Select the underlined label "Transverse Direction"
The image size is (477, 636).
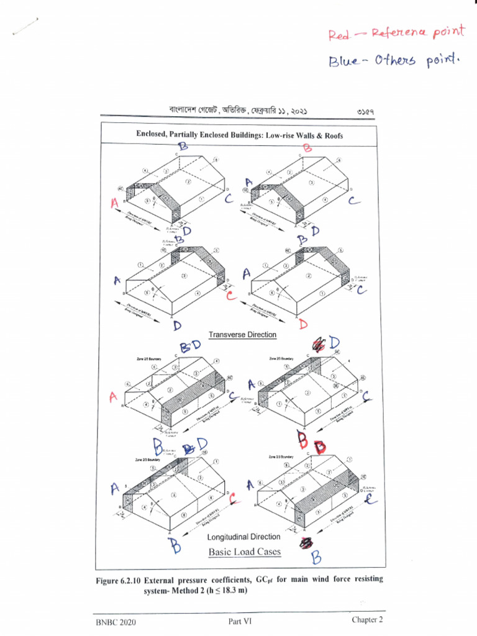(x=242, y=335)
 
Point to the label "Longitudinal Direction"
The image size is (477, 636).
(x=243, y=536)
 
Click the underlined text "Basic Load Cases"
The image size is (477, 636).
(x=244, y=552)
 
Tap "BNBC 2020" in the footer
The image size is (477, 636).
(x=116, y=622)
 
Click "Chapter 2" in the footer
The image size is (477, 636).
(x=367, y=620)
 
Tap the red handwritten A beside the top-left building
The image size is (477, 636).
(x=114, y=203)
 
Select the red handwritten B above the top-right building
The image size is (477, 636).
(x=307, y=148)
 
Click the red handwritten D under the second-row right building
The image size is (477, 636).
(x=303, y=324)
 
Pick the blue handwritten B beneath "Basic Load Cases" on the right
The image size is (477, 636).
(x=317, y=558)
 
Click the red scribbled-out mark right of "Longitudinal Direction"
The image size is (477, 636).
(x=305, y=542)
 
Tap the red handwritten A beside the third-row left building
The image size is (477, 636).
(x=113, y=396)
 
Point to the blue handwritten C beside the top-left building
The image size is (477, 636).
(x=229, y=199)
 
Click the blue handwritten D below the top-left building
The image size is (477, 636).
(x=185, y=231)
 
